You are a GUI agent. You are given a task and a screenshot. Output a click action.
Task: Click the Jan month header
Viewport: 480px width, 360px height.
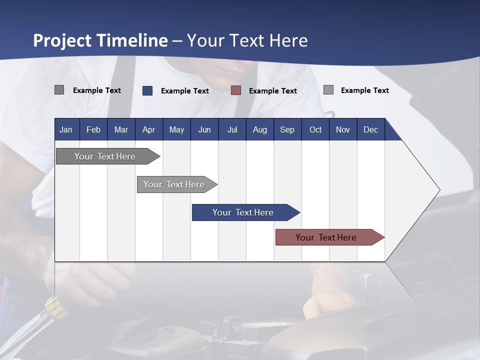coord(66,129)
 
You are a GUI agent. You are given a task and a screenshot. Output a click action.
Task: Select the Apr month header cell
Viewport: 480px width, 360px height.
coord(148,129)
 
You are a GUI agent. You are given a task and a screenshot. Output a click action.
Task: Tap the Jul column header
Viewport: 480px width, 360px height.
coord(232,129)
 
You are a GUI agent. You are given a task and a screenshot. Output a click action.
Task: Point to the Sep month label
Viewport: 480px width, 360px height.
coord(287,129)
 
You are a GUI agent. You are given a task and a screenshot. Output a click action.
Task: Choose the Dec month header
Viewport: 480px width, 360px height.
coord(370,129)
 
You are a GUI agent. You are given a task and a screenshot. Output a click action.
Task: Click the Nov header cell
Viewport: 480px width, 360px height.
coord(342,129)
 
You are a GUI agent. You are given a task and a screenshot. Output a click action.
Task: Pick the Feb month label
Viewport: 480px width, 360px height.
coord(93,129)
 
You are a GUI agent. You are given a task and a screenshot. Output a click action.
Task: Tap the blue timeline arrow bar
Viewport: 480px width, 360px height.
coord(243,212)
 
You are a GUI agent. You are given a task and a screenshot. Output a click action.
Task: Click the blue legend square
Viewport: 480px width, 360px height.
coord(147,90)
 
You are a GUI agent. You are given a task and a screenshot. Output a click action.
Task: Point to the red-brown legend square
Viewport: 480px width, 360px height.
coord(236,90)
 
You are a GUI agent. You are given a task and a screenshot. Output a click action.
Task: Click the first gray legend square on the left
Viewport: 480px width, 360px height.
coord(59,90)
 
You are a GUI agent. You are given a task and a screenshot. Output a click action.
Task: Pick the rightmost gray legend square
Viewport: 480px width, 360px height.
coord(328,90)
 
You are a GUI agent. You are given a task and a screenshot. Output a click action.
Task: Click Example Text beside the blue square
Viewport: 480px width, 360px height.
coord(185,91)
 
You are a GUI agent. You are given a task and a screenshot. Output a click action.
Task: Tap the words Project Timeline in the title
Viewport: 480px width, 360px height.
coord(100,40)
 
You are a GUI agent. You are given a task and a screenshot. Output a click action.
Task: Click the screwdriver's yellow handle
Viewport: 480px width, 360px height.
coord(56,307)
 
